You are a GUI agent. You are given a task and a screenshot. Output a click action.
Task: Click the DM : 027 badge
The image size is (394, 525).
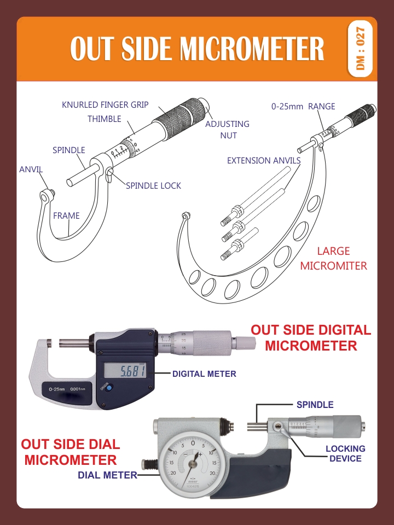[360, 49]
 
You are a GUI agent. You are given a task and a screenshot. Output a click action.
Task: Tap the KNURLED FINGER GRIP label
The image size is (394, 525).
[105, 104]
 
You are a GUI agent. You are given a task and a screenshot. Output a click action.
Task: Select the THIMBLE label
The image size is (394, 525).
[104, 119]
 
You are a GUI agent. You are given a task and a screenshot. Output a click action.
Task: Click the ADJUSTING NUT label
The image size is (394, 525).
[227, 129]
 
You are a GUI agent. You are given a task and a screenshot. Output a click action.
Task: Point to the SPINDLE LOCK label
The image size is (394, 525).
[153, 185]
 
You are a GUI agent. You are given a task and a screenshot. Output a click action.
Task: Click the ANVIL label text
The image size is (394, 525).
[31, 169]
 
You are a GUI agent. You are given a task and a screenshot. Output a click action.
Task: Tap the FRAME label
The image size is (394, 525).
[66, 215]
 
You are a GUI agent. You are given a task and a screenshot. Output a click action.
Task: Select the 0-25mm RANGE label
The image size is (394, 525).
[303, 107]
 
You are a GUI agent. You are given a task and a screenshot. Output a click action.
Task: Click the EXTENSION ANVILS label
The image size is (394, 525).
[264, 160]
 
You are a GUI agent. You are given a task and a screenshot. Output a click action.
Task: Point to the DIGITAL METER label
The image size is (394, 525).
[204, 374]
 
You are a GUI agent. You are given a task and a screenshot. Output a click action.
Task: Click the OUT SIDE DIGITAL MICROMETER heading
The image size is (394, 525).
[310, 337]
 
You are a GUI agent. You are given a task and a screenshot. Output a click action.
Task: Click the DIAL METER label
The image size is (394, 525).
[107, 475]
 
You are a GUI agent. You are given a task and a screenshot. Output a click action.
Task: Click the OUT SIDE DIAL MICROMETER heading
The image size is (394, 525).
[71, 452]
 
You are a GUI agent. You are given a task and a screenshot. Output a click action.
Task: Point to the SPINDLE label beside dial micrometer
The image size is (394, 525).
[315, 405]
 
